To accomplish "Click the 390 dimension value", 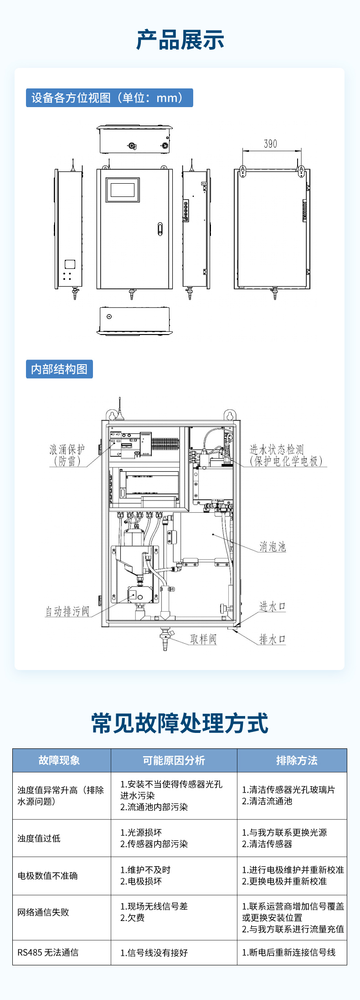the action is point(270,144).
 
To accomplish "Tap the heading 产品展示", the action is point(180,40).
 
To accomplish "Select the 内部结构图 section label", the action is point(59,369).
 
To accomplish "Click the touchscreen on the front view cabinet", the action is point(123,190).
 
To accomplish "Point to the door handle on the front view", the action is point(159,229).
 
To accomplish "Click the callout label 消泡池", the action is point(273,546).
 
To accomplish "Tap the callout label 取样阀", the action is point(203,639).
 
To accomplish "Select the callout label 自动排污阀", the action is point(67,611).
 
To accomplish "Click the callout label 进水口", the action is point(272,606).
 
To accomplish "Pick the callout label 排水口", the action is point(272,639).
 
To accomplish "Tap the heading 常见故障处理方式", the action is point(180,723).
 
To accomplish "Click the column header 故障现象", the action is point(59,760).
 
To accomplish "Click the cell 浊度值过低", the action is point(39,838).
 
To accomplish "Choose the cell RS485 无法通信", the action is point(48,953).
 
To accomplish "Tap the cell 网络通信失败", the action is point(43,912).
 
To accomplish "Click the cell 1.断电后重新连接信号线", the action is point(288,953).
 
